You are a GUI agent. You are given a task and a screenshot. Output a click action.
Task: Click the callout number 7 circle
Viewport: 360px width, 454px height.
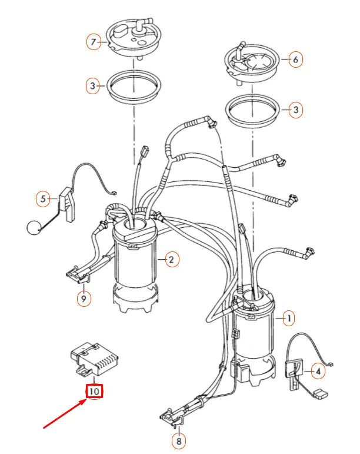[x=92, y=42]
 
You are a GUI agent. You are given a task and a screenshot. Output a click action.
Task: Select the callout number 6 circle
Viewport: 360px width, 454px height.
[x=296, y=59]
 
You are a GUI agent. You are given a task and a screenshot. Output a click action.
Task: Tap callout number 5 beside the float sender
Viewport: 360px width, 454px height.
[x=42, y=200]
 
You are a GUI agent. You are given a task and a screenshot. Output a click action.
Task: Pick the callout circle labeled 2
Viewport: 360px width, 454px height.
[x=171, y=259]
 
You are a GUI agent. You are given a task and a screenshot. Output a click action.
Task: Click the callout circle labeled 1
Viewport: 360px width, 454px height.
[x=288, y=319]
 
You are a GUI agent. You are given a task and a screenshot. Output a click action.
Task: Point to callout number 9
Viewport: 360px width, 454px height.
[x=84, y=299]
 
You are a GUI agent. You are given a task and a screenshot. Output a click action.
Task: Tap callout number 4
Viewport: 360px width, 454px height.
[x=318, y=372]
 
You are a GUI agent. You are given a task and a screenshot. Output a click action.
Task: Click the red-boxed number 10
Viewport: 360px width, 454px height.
[x=95, y=390]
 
